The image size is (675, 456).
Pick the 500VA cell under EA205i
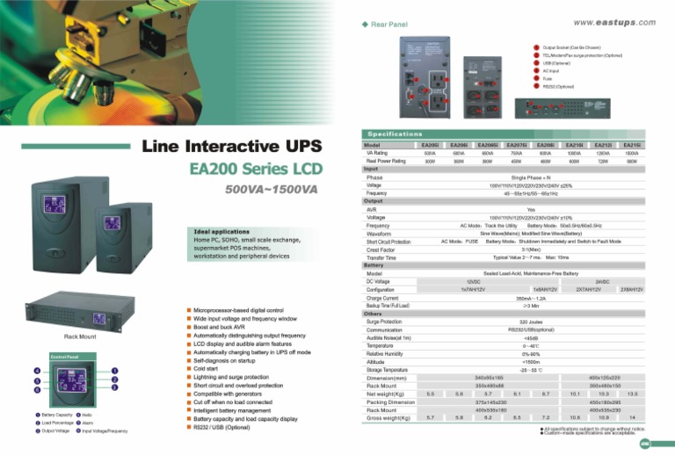pyautogui.click(x=431, y=153)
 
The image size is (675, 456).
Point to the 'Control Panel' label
pyautogui.click(x=65, y=357)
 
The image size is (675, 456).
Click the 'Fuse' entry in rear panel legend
pyautogui.click(x=548, y=78)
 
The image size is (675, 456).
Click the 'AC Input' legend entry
pyautogui.click(x=551, y=70)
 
